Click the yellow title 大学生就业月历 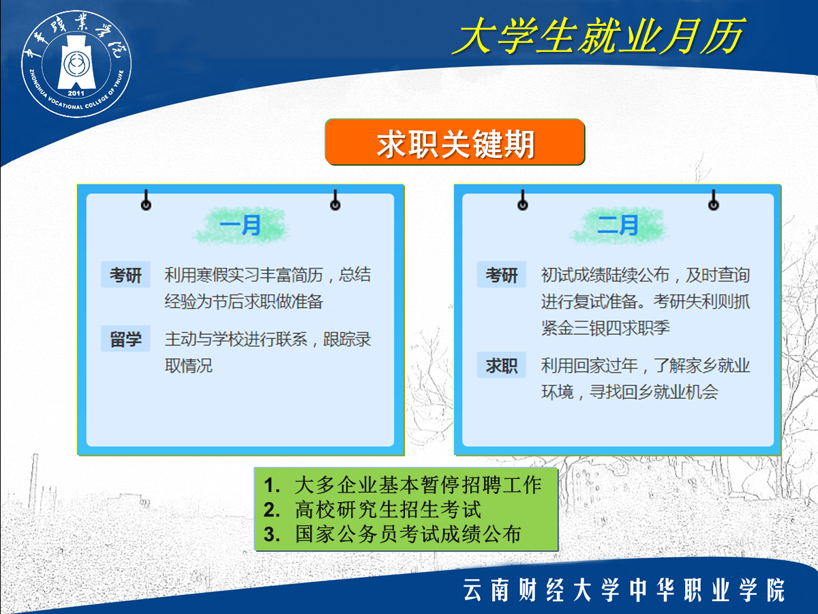tap(598, 36)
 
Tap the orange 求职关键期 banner tap(455, 142)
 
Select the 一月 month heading tap(241, 226)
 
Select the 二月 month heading tap(618, 226)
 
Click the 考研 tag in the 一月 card tap(125, 275)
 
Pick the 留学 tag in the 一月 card tap(125, 339)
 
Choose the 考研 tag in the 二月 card tap(502, 275)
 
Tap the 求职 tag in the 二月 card tap(502, 365)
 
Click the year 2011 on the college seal tap(76, 93)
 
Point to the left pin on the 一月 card tap(146, 200)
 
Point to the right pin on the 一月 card tap(335, 200)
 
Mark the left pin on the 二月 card tap(523, 200)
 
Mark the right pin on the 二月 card tap(714, 200)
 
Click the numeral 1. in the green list tap(272, 485)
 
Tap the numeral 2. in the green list tap(272, 510)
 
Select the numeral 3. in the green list tap(272, 535)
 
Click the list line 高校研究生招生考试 tap(388, 510)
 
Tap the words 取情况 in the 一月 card tap(189, 366)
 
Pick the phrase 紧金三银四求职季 tap(605, 328)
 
